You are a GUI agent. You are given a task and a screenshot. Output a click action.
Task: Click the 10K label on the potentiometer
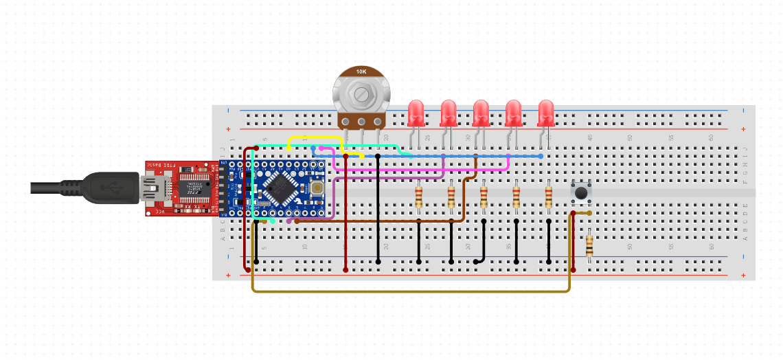coord(361,71)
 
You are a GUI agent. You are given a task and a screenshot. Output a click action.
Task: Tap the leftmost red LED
coord(416,112)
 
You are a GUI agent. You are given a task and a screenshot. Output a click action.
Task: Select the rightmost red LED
coord(546,112)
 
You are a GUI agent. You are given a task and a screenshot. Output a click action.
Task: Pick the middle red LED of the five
coord(481,112)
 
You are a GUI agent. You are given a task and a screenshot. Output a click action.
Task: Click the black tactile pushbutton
coord(581,192)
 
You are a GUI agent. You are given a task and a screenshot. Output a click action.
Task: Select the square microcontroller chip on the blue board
coord(279,186)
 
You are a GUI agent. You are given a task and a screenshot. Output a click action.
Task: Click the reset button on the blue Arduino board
coord(317,187)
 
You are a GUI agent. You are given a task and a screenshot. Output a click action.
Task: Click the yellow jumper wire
coord(316,139)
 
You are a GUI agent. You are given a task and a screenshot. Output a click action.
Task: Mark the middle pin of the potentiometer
coord(361,124)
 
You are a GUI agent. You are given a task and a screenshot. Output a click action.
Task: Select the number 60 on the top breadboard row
coord(711,137)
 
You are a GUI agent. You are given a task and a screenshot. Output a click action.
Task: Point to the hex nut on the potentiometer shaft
coord(361,93)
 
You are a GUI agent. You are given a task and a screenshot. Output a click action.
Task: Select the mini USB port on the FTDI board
coord(151,187)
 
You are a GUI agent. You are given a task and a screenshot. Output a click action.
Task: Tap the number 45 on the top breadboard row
coord(589,137)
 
